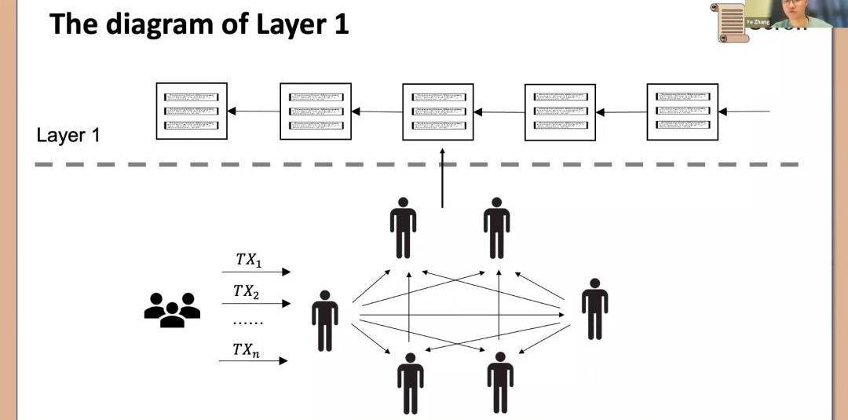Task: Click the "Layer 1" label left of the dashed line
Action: pos(68,136)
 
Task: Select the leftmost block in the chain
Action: pos(192,111)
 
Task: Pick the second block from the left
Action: pos(315,111)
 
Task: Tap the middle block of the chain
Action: pos(437,111)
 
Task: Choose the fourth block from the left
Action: pos(560,112)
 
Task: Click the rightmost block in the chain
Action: pos(682,111)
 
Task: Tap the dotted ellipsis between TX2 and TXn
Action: pos(248,322)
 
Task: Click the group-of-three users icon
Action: pos(172,309)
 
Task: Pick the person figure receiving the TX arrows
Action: pos(325,320)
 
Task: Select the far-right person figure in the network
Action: pos(594,309)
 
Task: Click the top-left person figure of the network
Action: pos(403,228)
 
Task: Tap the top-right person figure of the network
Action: pos(496,228)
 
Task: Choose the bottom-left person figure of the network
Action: pos(410,382)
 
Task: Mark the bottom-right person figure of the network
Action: pos(500,382)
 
